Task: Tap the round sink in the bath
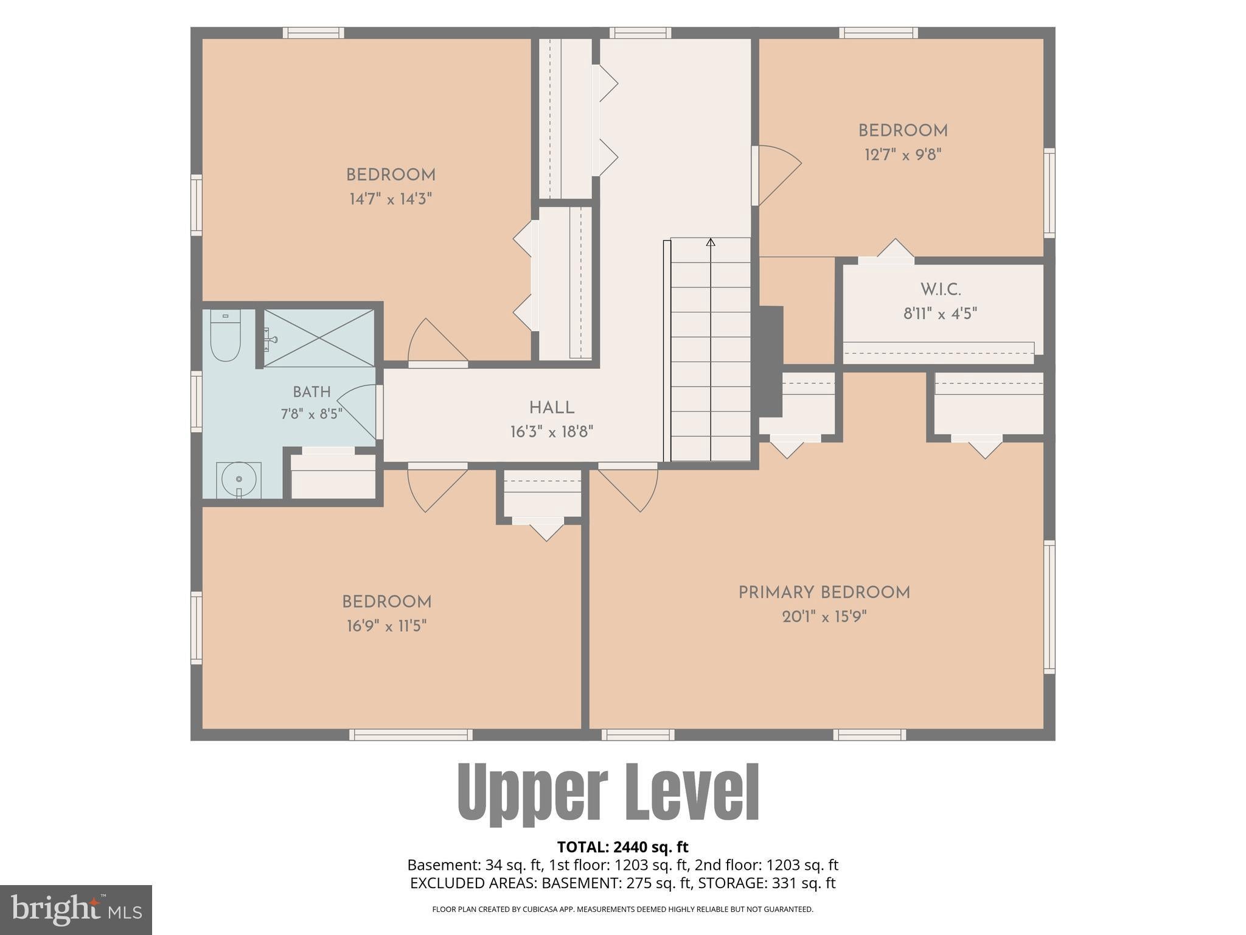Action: coord(238,480)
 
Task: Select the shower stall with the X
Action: coord(319,338)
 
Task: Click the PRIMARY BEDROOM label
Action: coord(824,593)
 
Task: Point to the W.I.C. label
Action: coord(941,289)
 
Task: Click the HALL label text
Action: coord(552,408)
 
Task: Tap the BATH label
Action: coord(311,392)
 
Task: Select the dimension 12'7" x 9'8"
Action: coord(903,155)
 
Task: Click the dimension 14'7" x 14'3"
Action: coord(391,199)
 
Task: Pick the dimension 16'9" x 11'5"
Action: coord(387,626)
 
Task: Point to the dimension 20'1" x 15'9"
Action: coord(824,617)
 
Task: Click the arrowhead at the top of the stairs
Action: coord(711,242)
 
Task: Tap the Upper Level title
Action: coord(608,793)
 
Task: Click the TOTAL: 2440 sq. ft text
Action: coord(622,847)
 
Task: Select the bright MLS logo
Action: coord(76,910)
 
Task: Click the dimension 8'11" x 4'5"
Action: coord(941,313)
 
